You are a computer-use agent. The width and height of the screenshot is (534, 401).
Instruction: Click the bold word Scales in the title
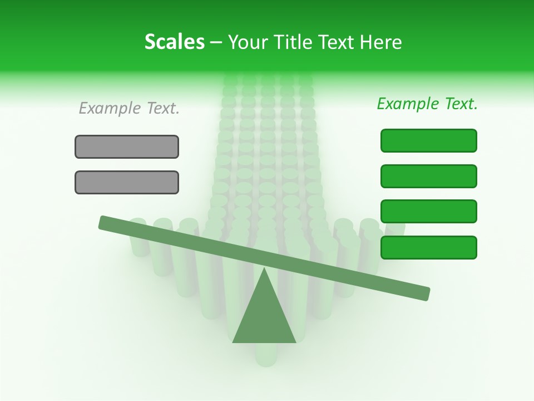[174, 42]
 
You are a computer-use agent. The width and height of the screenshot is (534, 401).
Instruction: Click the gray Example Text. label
[129, 108]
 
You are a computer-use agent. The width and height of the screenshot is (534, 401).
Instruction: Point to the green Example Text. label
[427, 104]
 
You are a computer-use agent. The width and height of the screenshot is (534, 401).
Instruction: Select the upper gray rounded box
[127, 146]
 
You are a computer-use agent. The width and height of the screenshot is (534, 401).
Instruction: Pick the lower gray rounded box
[127, 182]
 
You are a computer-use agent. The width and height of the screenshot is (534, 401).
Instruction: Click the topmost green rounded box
[429, 140]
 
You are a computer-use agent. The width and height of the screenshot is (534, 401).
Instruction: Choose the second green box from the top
[429, 176]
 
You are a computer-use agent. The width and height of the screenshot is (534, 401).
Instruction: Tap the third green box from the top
[429, 212]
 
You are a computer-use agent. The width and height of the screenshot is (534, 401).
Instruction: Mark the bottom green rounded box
[429, 247]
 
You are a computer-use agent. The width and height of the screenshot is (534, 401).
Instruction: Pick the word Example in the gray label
[110, 108]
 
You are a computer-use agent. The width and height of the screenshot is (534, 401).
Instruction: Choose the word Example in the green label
[408, 104]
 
